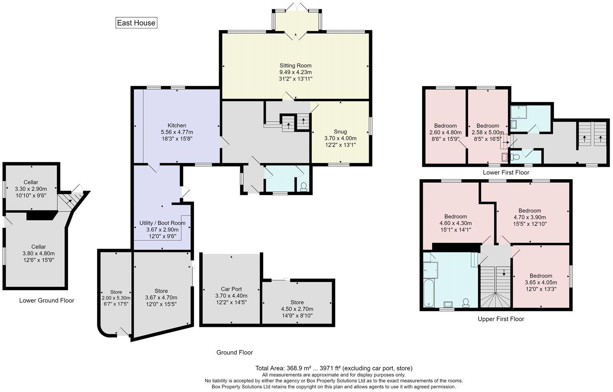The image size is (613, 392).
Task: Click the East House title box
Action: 136,23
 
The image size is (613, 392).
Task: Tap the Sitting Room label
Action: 295,65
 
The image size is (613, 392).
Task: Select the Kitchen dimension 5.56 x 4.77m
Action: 177,132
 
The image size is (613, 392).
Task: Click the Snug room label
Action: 340,132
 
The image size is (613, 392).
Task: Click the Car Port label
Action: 231,289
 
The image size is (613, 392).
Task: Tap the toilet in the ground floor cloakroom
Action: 304,187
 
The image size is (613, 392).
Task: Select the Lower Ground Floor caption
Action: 47,301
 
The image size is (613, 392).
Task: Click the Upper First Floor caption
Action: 501,319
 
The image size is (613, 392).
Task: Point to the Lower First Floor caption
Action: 506,173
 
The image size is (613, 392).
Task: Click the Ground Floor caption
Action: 234,352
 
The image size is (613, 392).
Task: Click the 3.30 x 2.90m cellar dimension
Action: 30,189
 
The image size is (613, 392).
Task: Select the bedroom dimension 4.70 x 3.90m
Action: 529,217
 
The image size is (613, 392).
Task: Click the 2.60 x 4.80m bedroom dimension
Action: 445,133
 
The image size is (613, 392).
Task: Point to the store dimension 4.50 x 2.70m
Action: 297,309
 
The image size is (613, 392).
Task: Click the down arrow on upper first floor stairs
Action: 504,273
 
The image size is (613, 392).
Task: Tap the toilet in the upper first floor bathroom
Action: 466,303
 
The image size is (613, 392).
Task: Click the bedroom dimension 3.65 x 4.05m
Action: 540,282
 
